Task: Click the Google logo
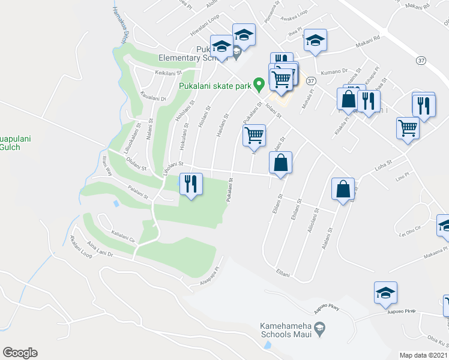pyautogui.click(x=20, y=353)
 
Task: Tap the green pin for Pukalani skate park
pyautogui.click(x=259, y=85)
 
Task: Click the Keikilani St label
pyautogui.click(x=169, y=73)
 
